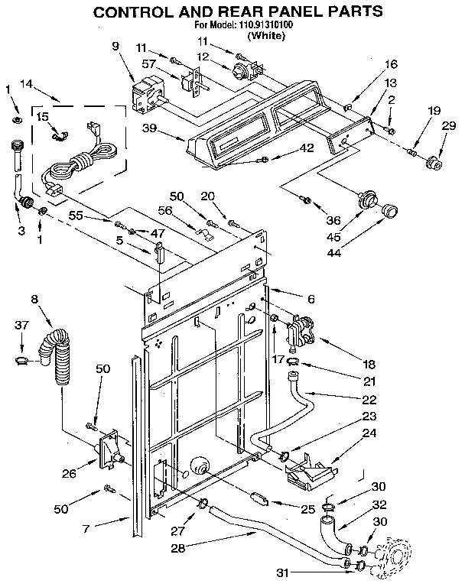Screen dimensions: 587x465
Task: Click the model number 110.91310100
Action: [259, 24]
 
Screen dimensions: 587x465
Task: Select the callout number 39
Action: [150, 128]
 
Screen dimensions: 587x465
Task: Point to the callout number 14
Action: [26, 84]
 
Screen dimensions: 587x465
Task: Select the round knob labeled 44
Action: [390, 209]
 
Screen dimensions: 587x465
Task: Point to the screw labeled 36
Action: [306, 199]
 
